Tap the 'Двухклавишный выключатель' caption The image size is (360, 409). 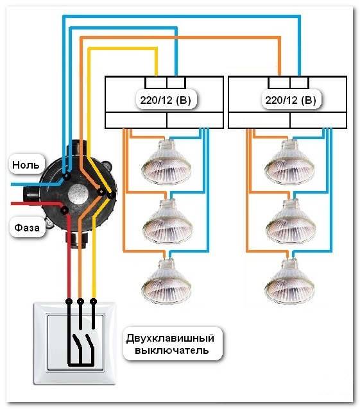click(x=173, y=343)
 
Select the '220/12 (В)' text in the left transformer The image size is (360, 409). click(x=166, y=101)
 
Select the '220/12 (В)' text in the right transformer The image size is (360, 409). click(x=289, y=101)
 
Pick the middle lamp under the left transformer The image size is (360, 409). click(x=166, y=221)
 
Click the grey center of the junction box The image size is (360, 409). click(x=78, y=193)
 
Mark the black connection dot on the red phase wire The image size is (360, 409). click(x=64, y=210)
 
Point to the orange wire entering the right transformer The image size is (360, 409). click(x=280, y=64)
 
